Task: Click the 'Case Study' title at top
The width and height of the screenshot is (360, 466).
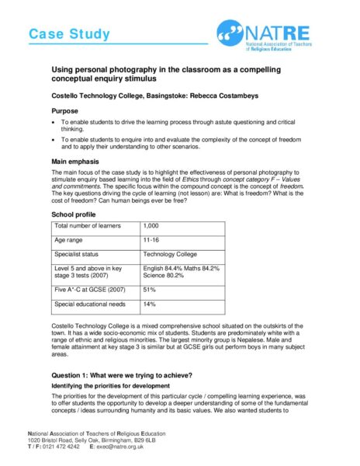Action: coord(69,34)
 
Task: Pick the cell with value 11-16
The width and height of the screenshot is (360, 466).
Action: coord(152,240)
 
